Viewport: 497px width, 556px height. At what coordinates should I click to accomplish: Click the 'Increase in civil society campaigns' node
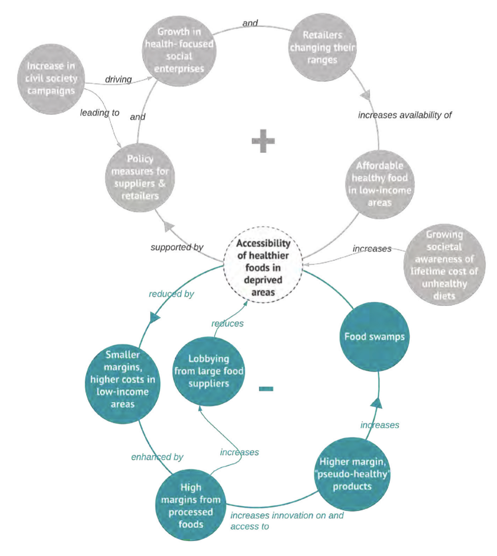(x=51, y=79)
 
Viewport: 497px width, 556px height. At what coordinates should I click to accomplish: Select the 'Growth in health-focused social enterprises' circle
(x=179, y=51)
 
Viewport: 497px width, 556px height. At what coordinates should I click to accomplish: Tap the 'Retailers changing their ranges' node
(x=322, y=48)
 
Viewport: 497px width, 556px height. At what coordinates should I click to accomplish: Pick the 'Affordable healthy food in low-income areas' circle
(x=379, y=184)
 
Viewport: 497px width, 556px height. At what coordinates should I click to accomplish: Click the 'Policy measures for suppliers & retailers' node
(x=140, y=177)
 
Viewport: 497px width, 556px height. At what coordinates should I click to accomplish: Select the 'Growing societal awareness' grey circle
(x=444, y=265)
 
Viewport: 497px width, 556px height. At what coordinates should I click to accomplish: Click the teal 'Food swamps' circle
(x=374, y=337)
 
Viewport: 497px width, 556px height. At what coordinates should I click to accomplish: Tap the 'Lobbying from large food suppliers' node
(x=208, y=371)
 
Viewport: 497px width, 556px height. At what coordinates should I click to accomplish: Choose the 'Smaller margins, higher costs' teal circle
(x=123, y=379)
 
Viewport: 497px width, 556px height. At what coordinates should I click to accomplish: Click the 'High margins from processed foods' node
(x=190, y=505)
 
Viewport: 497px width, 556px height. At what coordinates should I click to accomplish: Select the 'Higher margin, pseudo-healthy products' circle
(x=352, y=474)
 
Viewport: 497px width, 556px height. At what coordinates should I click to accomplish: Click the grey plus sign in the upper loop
(x=263, y=141)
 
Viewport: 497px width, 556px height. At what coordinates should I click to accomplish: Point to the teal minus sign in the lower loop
(x=266, y=389)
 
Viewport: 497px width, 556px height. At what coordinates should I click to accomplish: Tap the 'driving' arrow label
(x=118, y=79)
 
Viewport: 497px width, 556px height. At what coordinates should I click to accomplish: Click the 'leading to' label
(x=100, y=113)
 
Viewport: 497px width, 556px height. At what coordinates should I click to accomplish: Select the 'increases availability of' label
(x=405, y=115)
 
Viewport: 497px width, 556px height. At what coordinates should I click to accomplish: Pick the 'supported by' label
(x=177, y=247)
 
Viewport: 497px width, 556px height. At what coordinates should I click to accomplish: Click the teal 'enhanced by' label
(x=157, y=457)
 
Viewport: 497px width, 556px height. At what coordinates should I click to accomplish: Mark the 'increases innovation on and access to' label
(x=287, y=521)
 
